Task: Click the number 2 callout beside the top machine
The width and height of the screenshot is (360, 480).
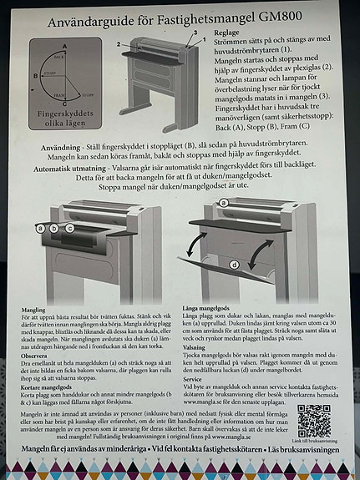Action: coord(119,43)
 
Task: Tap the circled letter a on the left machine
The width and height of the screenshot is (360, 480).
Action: coord(40,227)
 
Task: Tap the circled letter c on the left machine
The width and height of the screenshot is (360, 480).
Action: coord(69,227)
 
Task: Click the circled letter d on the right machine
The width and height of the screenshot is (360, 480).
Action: coord(234,265)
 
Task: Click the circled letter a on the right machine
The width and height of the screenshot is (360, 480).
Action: coord(223,203)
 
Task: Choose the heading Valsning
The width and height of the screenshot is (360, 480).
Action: coord(194,346)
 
